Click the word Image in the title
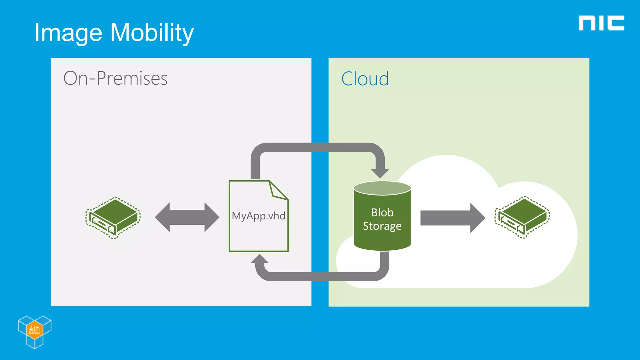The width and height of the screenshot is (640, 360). click(68, 33)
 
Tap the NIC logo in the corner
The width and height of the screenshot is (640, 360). click(601, 23)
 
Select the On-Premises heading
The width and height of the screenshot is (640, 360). click(115, 78)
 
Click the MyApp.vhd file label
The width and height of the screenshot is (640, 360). click(258, 216)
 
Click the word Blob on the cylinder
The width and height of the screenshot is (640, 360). click(382, 212)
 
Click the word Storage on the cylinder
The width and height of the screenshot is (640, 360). click(382, 226)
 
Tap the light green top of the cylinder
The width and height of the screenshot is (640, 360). click(382, 188)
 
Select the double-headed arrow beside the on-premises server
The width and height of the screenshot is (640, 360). click(187, 217)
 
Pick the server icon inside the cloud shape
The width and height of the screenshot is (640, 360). click(522, 217)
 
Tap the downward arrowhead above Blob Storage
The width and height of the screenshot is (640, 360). click(380, 173)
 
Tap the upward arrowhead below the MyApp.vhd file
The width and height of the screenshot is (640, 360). click(260, 259)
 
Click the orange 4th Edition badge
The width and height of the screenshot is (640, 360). click(34, 329)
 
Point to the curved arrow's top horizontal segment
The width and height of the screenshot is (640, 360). click(317, 147)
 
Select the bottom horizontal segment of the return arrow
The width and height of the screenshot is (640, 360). click(322, 277)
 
